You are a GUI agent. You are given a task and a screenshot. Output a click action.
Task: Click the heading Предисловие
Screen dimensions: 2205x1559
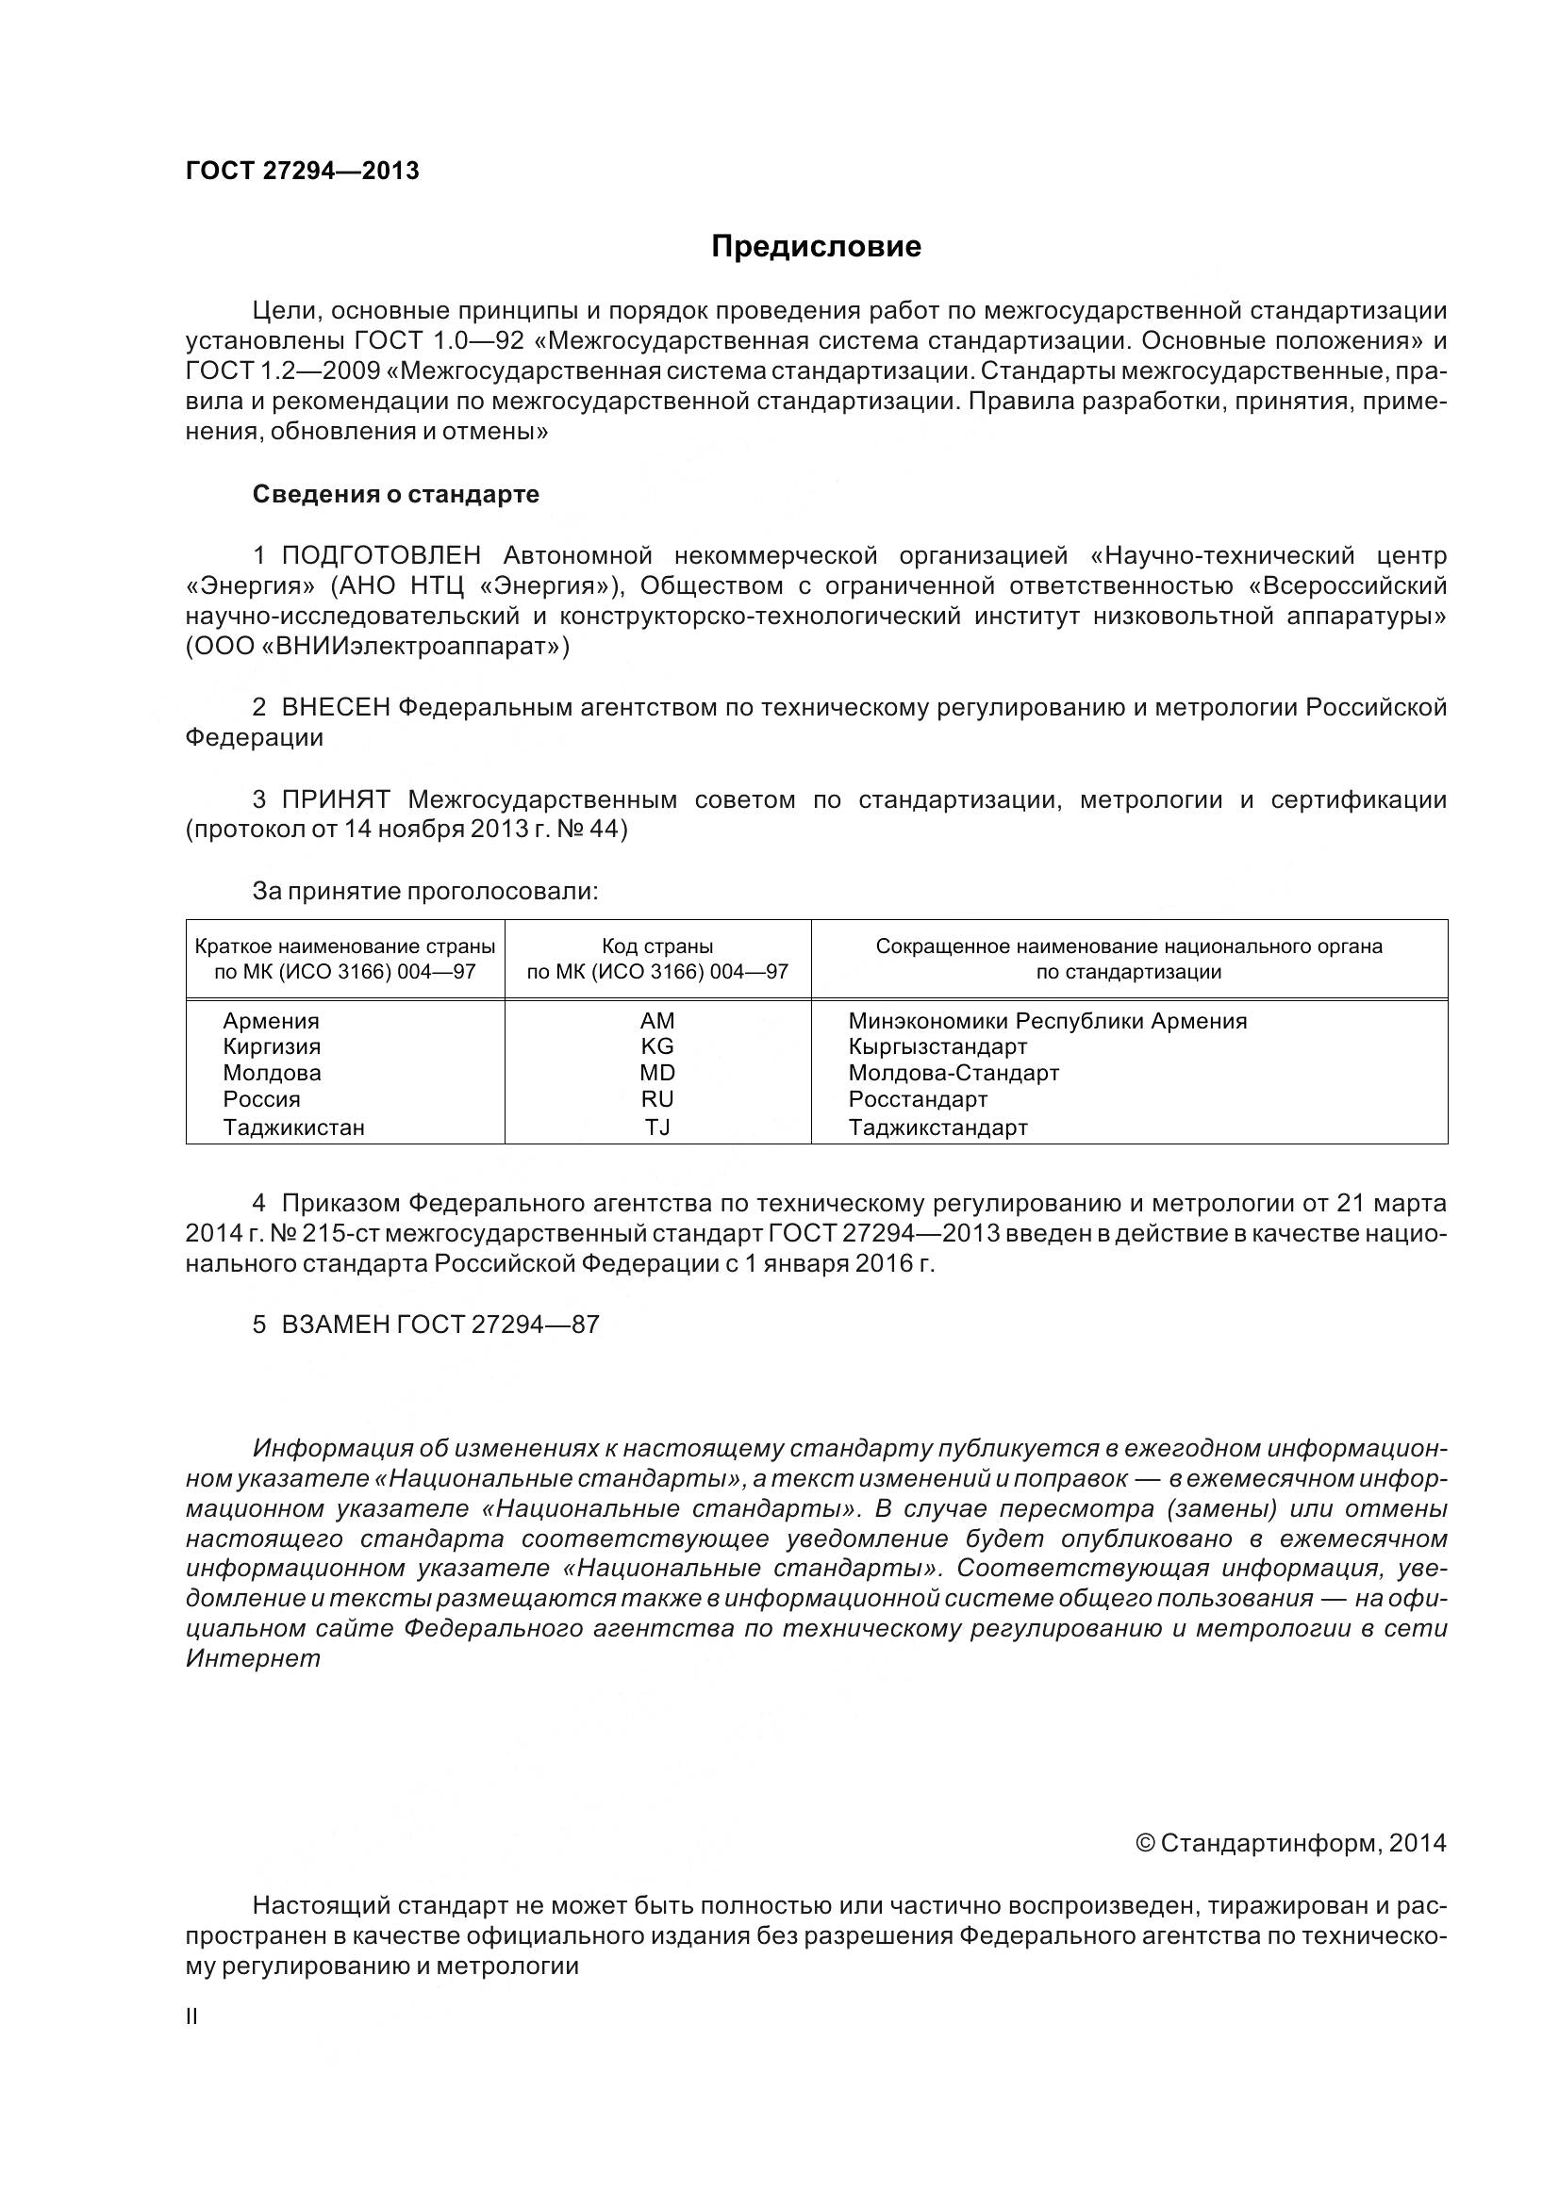coord(816,247)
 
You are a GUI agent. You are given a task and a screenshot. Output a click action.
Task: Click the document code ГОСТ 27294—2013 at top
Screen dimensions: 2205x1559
coord(303,171)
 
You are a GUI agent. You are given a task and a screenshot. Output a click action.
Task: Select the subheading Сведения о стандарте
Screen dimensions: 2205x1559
coord(396,495)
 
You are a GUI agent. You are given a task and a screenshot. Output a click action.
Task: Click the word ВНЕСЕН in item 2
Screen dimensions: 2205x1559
coord(335,708)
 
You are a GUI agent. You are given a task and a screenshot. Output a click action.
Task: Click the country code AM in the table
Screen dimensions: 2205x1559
coord(657,1021)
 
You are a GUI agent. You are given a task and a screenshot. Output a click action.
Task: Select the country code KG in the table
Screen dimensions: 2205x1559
coord(657,1046)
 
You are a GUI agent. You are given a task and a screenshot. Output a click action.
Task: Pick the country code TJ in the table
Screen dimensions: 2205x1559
coord(657,1127)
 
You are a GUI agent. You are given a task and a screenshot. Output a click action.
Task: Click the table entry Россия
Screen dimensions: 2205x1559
coord(261,1099)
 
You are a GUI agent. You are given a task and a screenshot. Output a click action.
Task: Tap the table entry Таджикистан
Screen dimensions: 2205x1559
coord(294,1127)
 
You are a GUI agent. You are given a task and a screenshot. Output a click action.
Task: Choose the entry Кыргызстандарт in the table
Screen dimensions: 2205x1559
coord(937,1046)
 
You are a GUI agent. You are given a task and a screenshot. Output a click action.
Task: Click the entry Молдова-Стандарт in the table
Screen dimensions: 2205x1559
coord(953,1073)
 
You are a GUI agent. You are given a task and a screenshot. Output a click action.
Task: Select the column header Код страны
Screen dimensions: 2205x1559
coord(657,946)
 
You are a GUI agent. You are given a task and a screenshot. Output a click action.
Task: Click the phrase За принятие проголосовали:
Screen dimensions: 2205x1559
coord(424,891)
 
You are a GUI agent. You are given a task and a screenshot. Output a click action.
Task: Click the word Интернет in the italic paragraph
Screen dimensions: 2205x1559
coord(253,1658)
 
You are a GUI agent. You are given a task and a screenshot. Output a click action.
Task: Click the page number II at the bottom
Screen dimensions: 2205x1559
coord(191,2016)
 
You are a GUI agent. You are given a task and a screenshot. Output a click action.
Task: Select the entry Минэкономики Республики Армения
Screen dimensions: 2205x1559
coord(1047,1021)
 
